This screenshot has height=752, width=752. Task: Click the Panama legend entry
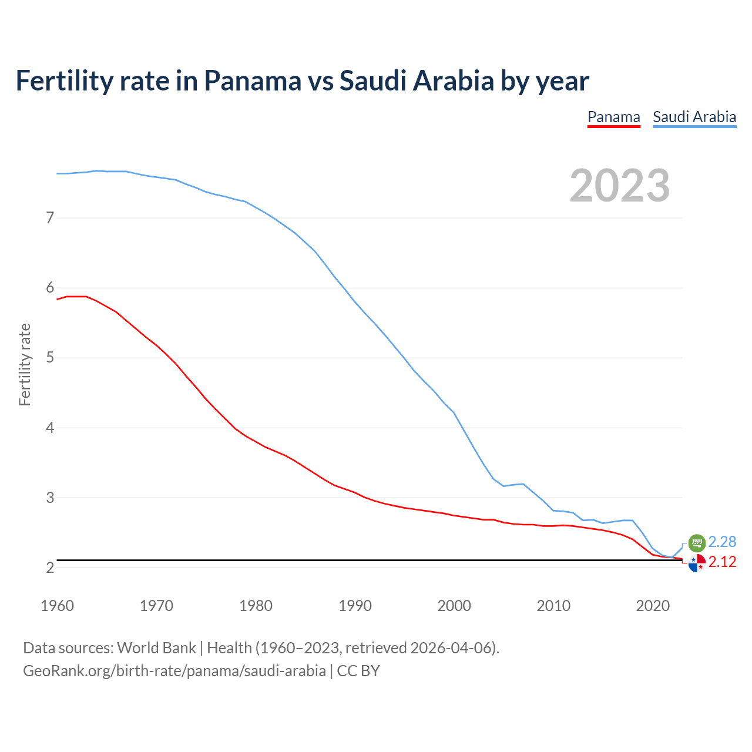613,117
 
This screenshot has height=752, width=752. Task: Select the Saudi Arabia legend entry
694,117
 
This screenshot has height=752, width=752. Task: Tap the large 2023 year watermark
619,186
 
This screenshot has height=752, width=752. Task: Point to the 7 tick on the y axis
50,218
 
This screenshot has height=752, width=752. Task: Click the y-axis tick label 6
50,288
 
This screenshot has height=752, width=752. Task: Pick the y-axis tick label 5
50,358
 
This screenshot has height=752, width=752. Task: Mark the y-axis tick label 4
50,428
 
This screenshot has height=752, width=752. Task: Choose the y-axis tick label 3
50,498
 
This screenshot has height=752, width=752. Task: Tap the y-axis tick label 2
50,568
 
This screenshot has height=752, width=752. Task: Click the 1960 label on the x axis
57,606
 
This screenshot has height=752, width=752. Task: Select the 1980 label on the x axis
256,606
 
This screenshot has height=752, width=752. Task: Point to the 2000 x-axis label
454,606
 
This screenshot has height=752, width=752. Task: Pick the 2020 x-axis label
653,606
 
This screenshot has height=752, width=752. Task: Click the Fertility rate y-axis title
25,364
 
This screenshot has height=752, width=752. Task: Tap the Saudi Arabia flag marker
696,543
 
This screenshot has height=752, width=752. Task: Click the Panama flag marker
696,563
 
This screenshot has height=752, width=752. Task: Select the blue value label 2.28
722,542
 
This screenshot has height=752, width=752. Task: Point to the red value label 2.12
722,562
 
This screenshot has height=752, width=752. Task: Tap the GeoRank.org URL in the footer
174,670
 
